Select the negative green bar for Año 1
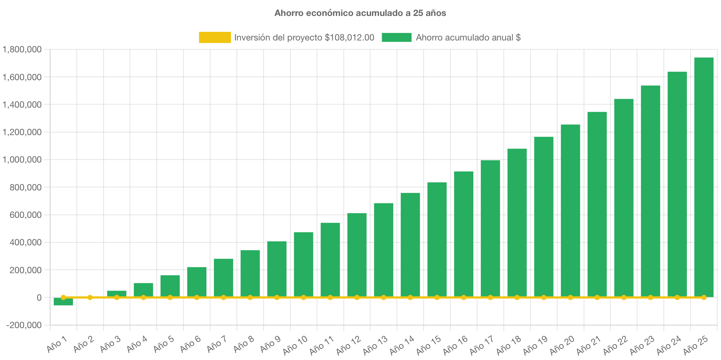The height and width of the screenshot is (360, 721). coord(63,302)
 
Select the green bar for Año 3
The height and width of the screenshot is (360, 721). coord(117,294)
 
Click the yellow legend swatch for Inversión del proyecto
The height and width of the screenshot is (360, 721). coord(215,37)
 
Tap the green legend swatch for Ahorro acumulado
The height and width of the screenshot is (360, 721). coord(397,37)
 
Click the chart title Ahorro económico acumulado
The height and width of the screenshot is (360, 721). coord(360,13)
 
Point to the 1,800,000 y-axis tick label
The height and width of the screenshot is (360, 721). coord(22,49)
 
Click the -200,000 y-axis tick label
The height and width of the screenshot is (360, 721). coord(24,325)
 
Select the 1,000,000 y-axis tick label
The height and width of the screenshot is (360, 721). coord(22,160)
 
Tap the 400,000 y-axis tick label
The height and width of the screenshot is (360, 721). coord(26,242)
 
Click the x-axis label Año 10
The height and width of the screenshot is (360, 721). coord(295,345)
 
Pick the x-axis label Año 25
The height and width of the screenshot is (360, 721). coord(695,345)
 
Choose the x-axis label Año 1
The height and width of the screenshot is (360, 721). coord(57,344)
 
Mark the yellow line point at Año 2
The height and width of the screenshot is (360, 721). coord(90,297)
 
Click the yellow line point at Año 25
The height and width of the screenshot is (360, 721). coord(704,297)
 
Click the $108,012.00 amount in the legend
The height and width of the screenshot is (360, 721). coord(349,37)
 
